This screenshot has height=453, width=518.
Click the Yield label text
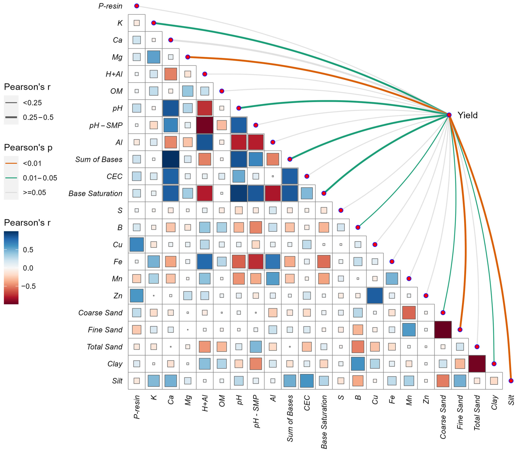pyautogui.click(x=467, y=115)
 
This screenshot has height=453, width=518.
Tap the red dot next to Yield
pyautogui.click(x=449, y=115)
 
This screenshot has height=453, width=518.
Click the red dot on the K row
pyautogui.click(x=154, y=23)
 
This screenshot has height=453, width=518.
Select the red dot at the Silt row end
pyautogui.click(x=511, y=381)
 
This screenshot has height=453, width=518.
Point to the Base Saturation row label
pyautogui.click(x=95, y=193)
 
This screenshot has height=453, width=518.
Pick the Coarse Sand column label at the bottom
pyautogui.click(x=443, y=417)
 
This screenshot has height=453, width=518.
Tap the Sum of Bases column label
pyautogui.click(x=290, y=418)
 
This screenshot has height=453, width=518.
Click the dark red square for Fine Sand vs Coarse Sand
pyautogui.click(x=443, y=330)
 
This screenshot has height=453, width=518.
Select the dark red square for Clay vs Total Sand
pyautogui.click(x=477, y=364)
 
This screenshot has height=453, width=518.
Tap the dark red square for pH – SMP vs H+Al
pyautogui.click(x=205, y=125)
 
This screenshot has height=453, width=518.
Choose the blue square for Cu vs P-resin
pyautogui.click(x=137, y=244)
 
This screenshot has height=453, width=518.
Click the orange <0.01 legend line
pyautogui.click(x=11, y=163)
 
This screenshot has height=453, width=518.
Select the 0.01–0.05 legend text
pyautogui.click(x=40, y=178)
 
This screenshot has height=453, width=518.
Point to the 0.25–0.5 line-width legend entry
pyautogui.click(x=11, y=117)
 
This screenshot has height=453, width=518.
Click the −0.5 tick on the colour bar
pyautogui.click(x=28, y=286)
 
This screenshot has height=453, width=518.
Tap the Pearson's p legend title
pyautogui.click(x=28, y=147)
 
